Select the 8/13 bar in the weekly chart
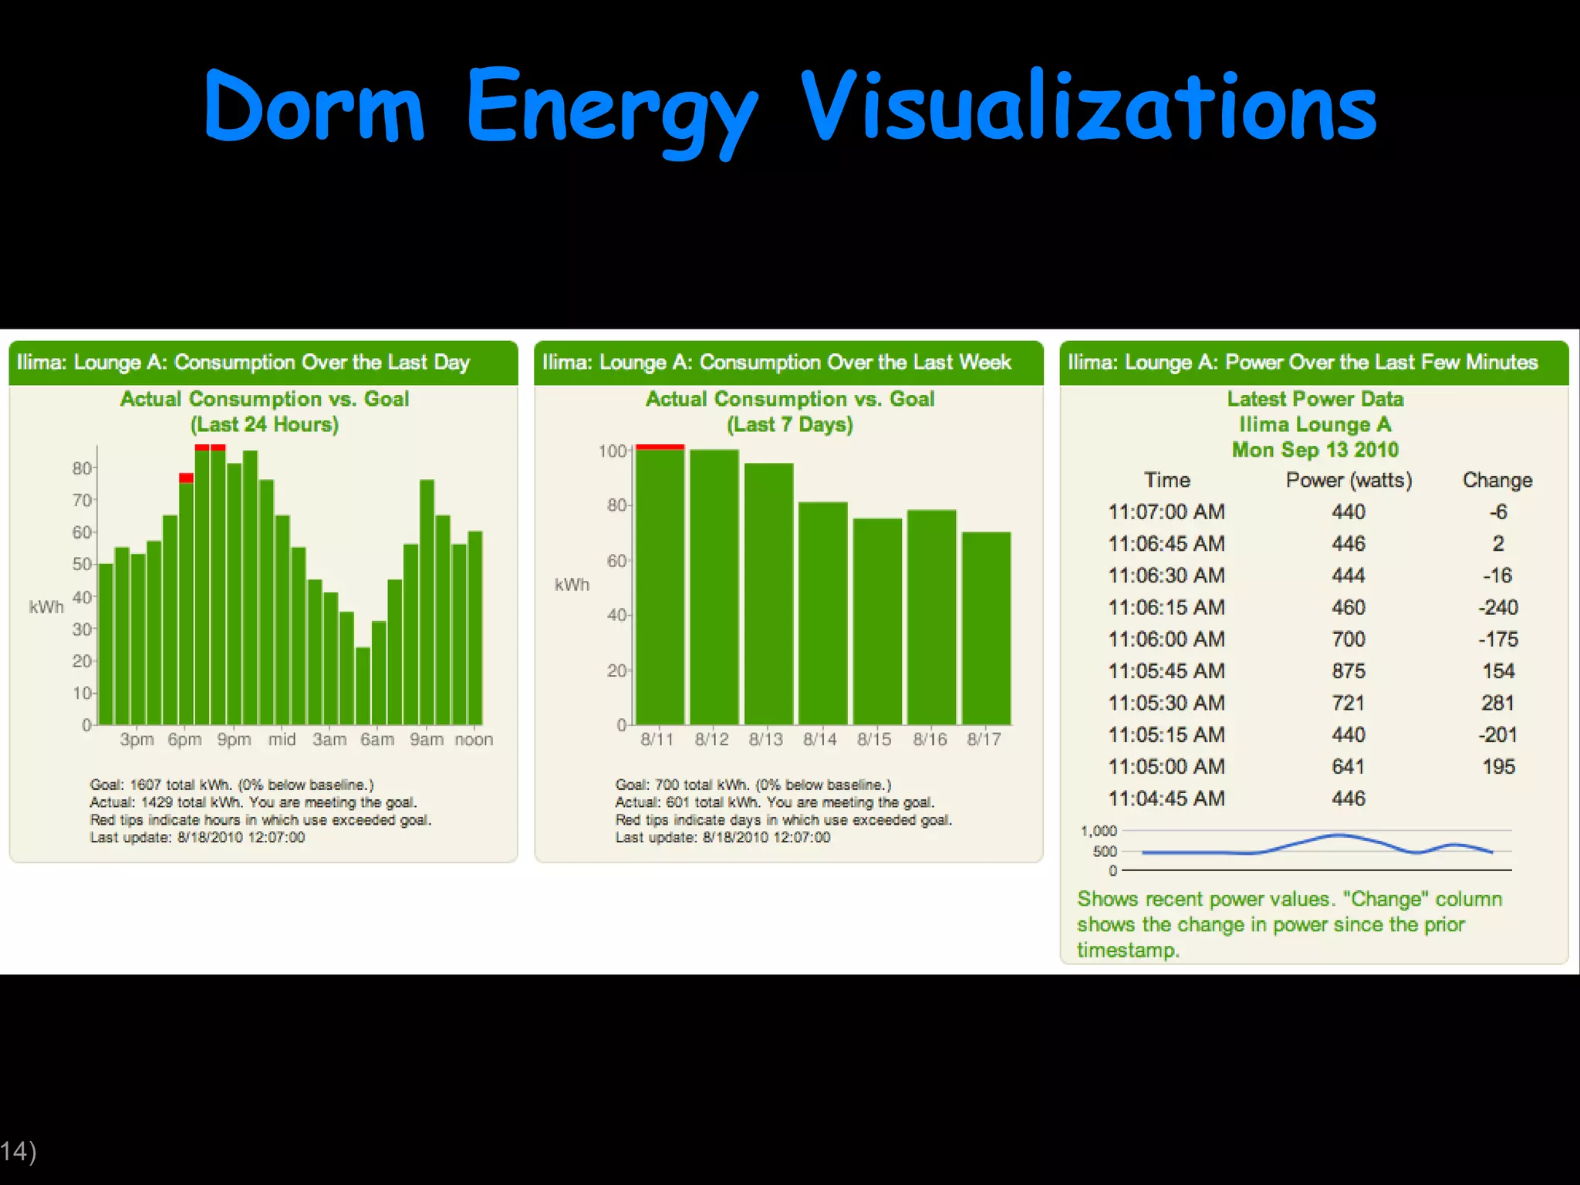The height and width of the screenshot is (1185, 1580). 768,594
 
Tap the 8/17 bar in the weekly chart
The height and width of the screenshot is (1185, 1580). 986,629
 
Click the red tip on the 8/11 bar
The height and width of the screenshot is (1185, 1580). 660,447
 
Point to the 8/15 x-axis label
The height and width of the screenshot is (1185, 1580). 874,739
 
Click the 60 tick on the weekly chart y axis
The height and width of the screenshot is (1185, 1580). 616,561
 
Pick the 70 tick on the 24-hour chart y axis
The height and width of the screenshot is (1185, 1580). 82,501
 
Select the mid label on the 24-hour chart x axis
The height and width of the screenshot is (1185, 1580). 282,739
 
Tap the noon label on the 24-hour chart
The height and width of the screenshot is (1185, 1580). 474,739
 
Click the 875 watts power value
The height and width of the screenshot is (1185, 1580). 1348,671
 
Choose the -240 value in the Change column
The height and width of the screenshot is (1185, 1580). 1497,608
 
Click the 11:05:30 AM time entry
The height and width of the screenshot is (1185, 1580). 1166,703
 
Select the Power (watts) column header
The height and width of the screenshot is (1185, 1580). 1348,480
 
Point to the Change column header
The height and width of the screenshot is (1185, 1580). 1497,480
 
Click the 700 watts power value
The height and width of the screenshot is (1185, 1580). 1348,640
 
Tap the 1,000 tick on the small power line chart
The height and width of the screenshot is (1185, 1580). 1099,831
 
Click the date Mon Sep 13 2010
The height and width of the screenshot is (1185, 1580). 1315,450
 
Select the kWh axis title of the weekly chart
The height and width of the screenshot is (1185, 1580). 572,585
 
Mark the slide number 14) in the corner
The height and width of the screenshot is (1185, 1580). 18,1151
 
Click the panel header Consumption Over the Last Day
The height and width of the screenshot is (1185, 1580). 243,363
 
